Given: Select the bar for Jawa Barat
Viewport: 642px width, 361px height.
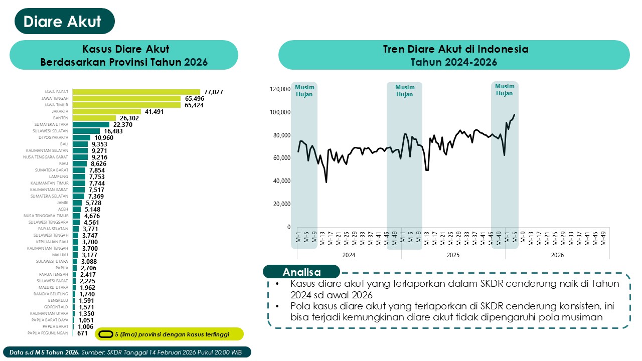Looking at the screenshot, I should [136, 92].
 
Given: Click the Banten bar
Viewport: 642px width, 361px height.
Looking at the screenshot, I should [94, 118].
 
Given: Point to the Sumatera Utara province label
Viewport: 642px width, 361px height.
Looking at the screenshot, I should [52, 125].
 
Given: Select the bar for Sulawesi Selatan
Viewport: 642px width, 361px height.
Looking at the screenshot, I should [86, 131].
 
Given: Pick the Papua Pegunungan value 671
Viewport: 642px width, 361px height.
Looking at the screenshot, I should [83, 333].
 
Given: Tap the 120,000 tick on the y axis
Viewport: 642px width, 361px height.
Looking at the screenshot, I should [280, 89].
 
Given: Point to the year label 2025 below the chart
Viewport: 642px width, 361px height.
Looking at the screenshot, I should [453, 255].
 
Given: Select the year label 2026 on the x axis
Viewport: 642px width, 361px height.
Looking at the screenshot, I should [557, 255].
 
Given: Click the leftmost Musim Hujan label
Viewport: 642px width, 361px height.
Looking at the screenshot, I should [304, 90].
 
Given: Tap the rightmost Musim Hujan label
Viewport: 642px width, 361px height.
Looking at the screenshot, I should [505, 90].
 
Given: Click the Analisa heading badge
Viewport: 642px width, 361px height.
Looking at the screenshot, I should [301, 272].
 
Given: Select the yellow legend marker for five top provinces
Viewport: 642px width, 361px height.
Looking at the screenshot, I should [105, 334].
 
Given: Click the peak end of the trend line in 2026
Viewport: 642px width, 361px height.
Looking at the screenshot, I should [515, 115].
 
